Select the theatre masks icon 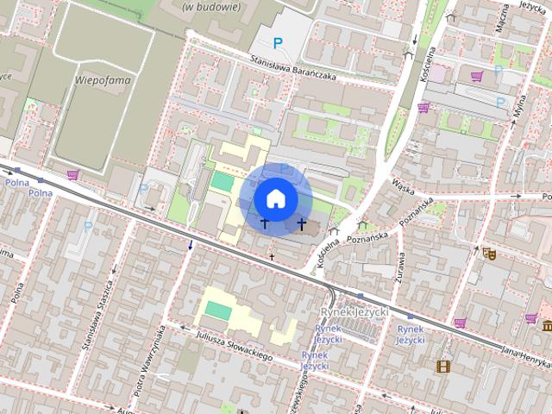pyautogui.click(x=489, y=254)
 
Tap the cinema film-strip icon pyautogui.click(x=443, y=367)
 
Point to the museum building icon pyautogui.click(x=548, y=325)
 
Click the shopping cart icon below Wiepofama pyautogui.click(x=73, y=175)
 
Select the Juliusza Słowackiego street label pyautogui.click(x=234, y=346)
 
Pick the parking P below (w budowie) pyautogui.click(x=277, y=42)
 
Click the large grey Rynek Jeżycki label pyautogui.click(x=354, y=310)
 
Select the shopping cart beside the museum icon pyautogui.click(x=530, y=318)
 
